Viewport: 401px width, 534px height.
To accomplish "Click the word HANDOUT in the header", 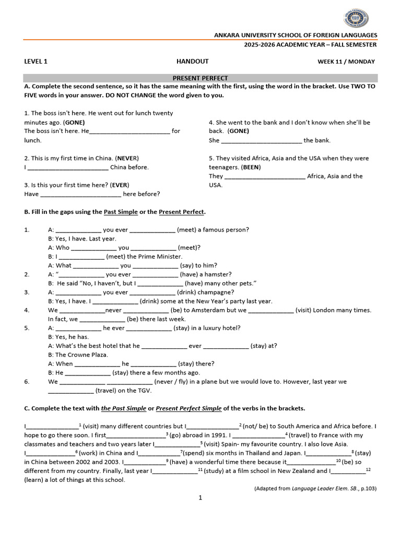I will pos(192,61).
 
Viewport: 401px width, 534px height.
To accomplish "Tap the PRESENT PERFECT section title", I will pos(200,78).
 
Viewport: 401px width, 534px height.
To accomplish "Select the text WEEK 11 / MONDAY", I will pos(346,62).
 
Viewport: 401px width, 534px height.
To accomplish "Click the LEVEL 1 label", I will pos(36,61).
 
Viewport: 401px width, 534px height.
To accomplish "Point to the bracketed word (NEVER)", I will pos(127,158).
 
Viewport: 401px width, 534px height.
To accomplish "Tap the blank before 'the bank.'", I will pos(262,140).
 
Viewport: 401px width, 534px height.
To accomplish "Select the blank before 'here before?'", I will pos(80,194).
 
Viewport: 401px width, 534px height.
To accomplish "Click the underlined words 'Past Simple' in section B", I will pos(121,212).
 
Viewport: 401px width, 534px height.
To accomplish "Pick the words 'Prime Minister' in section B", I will pos(156,257).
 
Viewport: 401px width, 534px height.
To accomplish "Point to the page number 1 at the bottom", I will pos(200,498).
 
